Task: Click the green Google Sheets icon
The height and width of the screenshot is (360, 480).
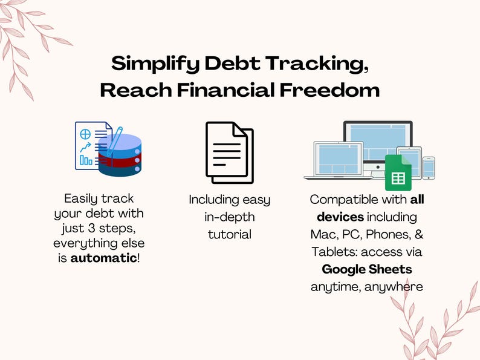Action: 398,172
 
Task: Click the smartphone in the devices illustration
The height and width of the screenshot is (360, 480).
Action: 429,168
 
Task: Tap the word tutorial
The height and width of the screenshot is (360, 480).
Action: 229,234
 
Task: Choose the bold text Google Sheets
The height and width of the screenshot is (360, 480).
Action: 366,269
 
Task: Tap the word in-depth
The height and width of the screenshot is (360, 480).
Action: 229,217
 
